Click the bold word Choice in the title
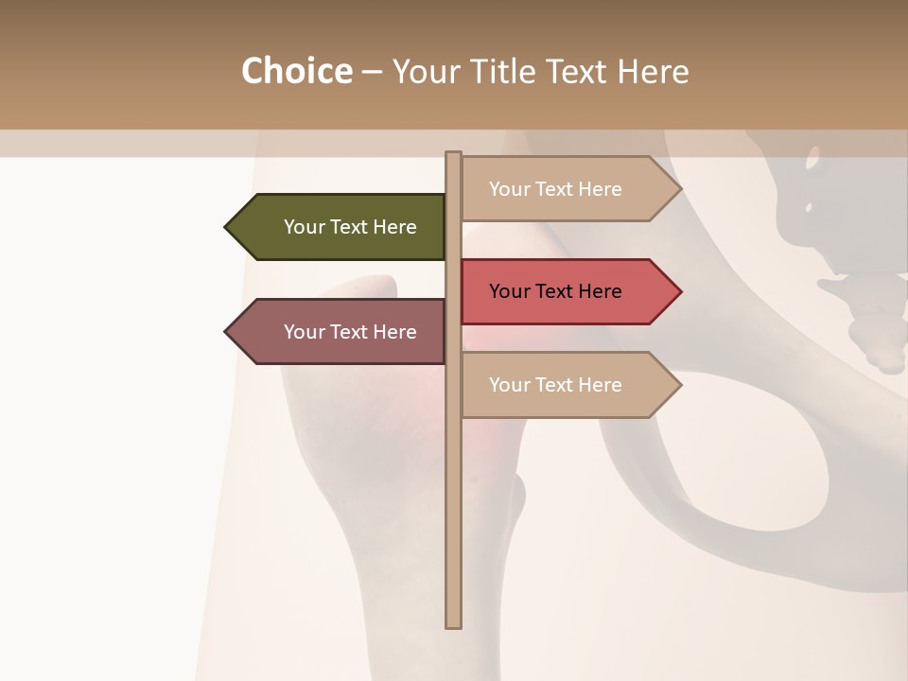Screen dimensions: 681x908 (296, 71)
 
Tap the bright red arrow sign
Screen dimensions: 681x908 (567, 291)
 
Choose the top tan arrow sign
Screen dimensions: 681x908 (567, 189)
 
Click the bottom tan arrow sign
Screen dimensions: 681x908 (567, 385)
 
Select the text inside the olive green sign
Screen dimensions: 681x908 (350, 227)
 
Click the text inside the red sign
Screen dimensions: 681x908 (555, 291)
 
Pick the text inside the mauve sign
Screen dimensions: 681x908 (350, 332)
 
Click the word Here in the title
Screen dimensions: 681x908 (653, 71)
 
